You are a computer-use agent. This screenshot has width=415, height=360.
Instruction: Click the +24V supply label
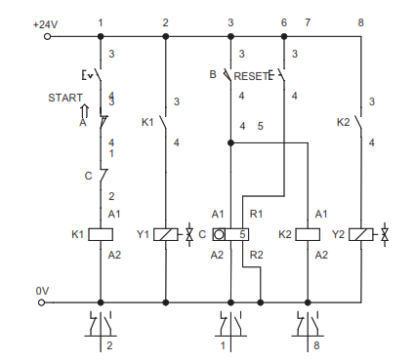(46, 24)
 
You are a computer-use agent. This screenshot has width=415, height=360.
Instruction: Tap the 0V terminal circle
(41, 302)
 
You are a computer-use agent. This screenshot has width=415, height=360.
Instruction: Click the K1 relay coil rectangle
(101, 234)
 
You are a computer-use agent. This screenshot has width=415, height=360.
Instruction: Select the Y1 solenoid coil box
(166, 234)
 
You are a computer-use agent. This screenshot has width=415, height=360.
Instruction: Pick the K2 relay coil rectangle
(308, 234)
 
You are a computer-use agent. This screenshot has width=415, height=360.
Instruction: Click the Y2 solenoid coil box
(361, 234)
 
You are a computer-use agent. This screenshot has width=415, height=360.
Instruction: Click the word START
(65, 98)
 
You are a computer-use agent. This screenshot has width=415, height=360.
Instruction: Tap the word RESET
(251, 76)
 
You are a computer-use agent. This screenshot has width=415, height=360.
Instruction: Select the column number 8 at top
(360, 22)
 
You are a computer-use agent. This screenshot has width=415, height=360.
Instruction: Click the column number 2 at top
(165, 22)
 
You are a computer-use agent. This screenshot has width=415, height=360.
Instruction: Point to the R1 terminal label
(256, 214)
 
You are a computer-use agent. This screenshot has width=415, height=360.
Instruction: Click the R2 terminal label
(256, 255)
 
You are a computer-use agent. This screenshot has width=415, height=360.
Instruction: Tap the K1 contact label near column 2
(147, 122)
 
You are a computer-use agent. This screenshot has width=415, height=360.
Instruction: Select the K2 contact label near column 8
(343, 122)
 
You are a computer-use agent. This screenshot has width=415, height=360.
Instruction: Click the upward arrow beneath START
(85, 111)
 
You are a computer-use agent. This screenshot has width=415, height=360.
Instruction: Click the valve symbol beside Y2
(385, 234)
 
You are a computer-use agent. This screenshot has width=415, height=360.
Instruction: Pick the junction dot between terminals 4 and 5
(230, 142)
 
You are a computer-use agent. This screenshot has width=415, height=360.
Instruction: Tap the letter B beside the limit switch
(213, 74)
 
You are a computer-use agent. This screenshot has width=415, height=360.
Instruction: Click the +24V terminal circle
(47, 36)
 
